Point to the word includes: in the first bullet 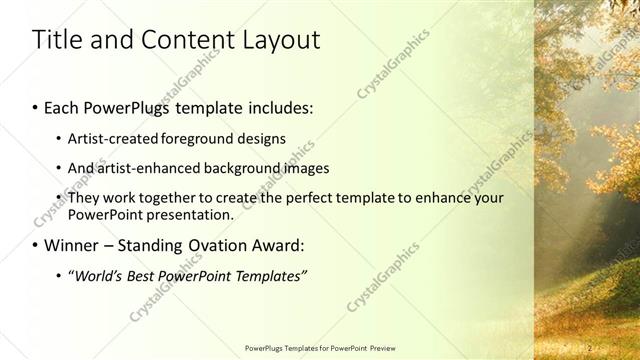[x=273, y=106]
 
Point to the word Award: [x=284, y=244]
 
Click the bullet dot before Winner [x=37, y=245]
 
